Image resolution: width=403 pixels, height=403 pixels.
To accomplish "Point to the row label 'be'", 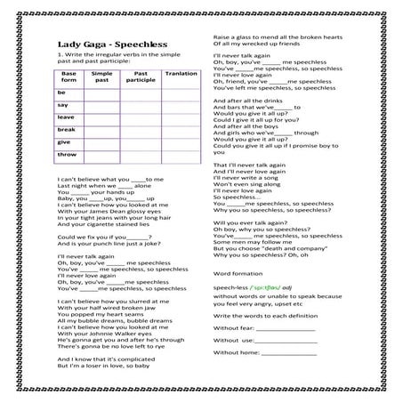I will click(x=61, y=92).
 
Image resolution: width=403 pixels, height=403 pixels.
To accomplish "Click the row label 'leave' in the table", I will click(x=65, y=117).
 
